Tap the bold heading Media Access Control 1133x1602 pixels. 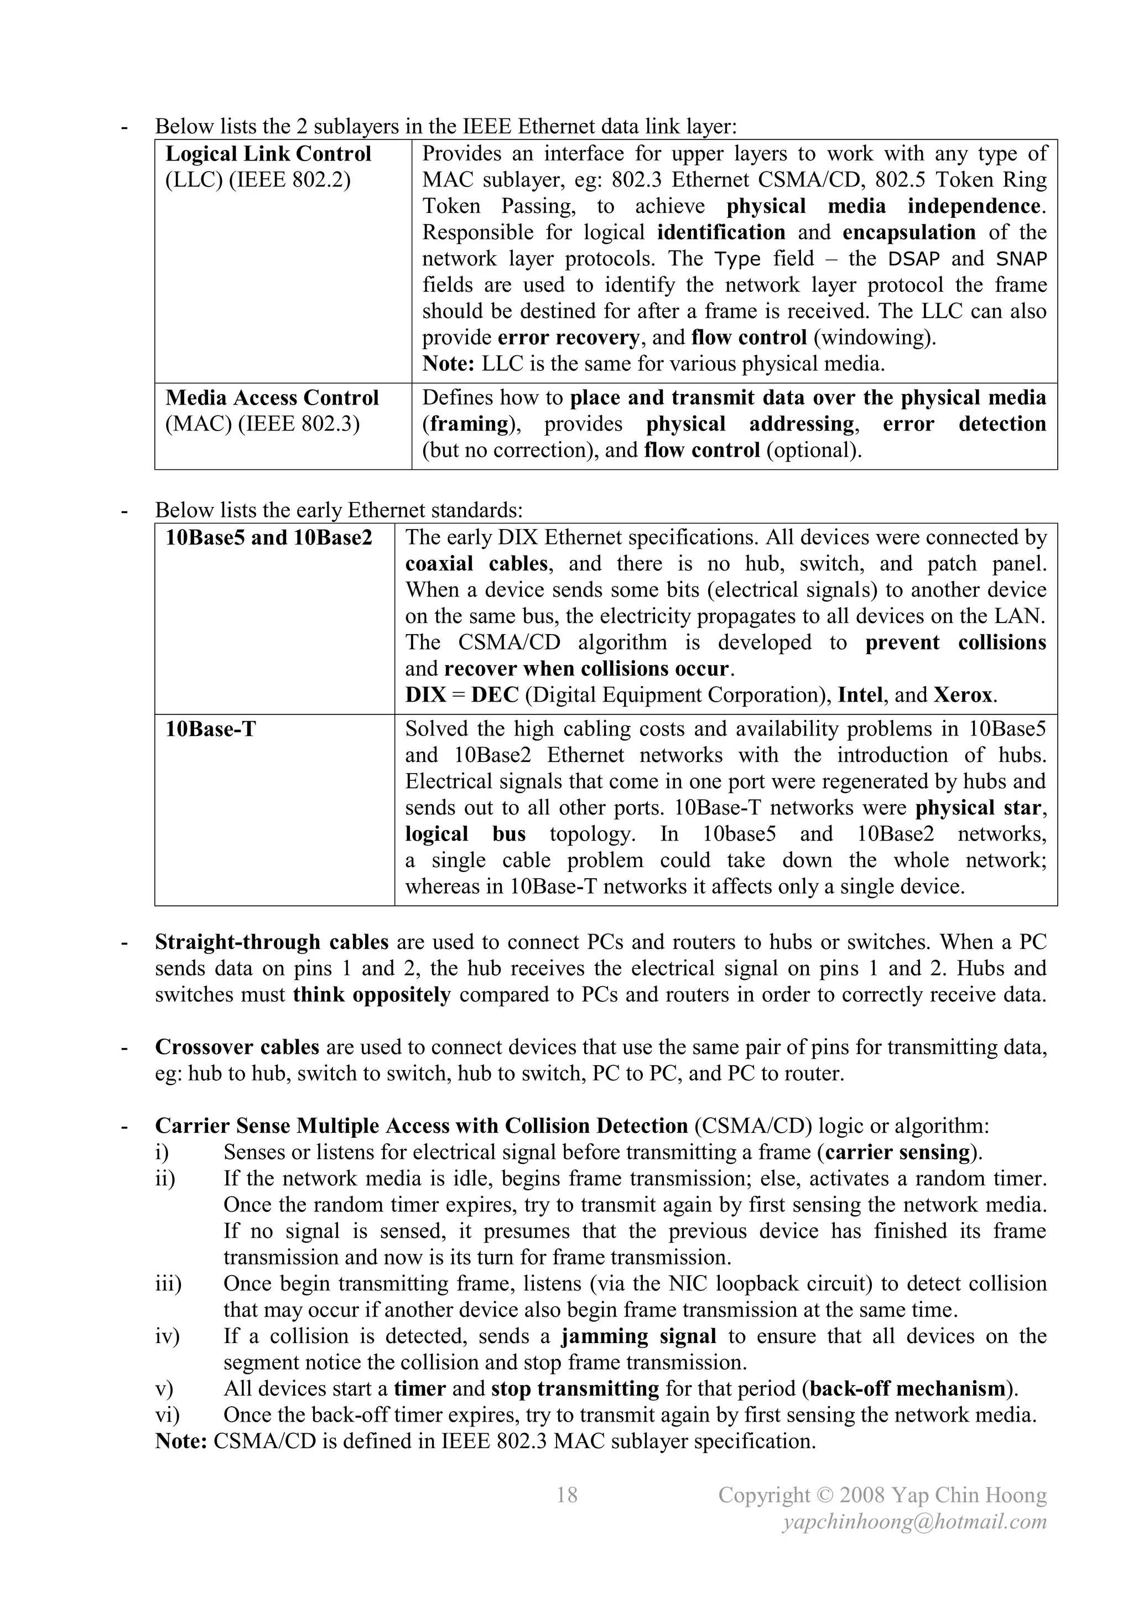tap(272, 398)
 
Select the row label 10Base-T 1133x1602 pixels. tap(211, 729)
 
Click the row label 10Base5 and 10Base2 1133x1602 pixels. tap(269, 538)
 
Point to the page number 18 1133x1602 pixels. tap(566, 1495)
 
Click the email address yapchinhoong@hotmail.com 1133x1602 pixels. tap(914, 1522)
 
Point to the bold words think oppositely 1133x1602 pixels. tap(372, 994)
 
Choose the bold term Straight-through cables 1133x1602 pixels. tap(272, 942)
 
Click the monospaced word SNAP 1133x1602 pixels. tap(1021, 259)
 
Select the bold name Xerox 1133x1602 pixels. tap(963, 695)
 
